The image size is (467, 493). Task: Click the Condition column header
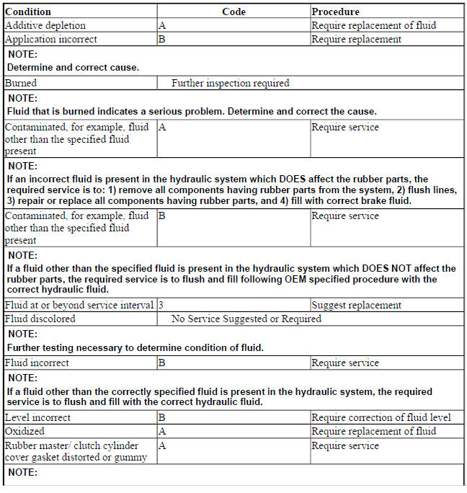tap(28, 12)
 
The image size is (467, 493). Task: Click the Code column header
tap(233, 12)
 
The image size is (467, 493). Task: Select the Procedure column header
tap(335, 12)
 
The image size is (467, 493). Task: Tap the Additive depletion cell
tap(45, 25)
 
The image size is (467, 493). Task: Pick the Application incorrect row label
tap(50, 39)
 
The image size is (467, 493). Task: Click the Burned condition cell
tap(21, 83)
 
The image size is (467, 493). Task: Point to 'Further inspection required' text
tap(230, 83)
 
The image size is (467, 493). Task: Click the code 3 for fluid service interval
tap(161, 305)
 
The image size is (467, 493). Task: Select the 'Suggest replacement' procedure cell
tap(356, 305)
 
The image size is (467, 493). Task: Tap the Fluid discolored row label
tap(40, 319)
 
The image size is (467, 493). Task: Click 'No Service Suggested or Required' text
tap(246, 319)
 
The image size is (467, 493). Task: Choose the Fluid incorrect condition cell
tap(37, 363)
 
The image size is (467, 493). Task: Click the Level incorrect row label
tap(37, 417)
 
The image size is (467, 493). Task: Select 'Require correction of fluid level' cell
tap(381, 417)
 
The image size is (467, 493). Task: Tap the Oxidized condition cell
tap(25, 431)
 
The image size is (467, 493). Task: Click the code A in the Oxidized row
tap(162, 431)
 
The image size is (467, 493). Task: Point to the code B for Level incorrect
tap(162, 417)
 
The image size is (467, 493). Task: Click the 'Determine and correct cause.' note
tap(73, 67)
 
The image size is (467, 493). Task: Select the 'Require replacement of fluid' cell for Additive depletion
tap(373, 25)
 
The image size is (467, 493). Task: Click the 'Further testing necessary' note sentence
tap(135, 347)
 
